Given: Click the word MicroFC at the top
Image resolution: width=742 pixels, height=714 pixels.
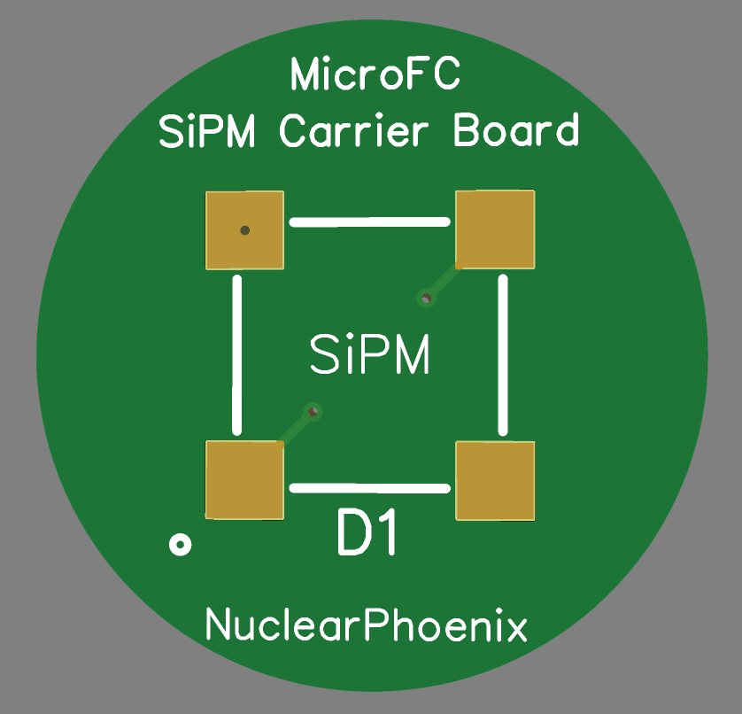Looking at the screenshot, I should [x=375, y=74].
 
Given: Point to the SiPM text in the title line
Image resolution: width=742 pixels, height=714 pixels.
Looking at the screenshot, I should [x=212, y=132].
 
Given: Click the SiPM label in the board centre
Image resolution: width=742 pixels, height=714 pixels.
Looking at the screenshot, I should [x=370, y=355].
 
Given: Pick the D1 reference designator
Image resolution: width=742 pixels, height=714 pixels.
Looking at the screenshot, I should [x=368, y=533].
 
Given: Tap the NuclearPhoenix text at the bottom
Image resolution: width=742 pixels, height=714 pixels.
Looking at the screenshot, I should [x=367, y=626].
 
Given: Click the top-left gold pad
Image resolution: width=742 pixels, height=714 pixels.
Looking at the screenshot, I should [x=244, y=230].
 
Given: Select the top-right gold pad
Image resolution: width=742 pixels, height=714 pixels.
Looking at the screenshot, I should [x=494, y=229].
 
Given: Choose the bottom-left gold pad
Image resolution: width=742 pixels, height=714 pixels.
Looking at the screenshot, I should [x=244, y=479].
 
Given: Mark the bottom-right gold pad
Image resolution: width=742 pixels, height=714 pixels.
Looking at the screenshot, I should [x=494, y=480].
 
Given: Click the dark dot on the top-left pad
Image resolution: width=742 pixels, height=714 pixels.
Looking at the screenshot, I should [x=245, y=230].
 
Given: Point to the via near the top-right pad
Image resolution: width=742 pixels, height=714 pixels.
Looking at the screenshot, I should [x=427, y=299].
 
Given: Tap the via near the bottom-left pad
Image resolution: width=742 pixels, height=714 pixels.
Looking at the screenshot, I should [x=313, y=411].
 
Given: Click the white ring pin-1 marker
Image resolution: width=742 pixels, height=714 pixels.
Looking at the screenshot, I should [x=181, y=545].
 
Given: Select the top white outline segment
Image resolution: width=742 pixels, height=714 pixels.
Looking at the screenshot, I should [x=370, y=221].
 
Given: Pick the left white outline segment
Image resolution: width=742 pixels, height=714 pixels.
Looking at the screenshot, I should [x=236, y=354].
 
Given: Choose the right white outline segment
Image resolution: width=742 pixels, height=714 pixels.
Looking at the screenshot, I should [x=503, y=354].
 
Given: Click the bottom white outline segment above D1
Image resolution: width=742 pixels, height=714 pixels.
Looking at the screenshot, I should [x=370, y=487].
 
